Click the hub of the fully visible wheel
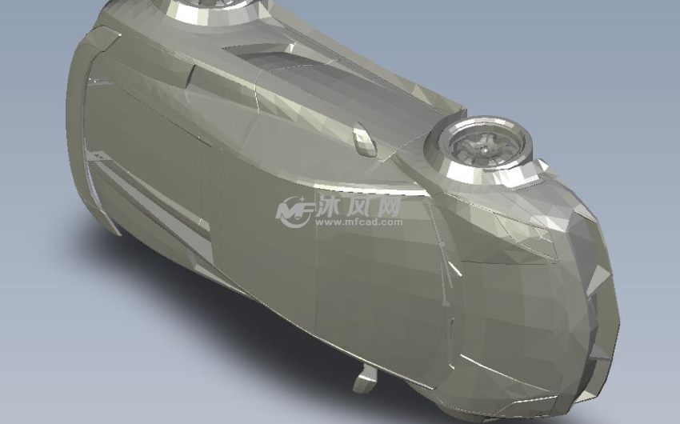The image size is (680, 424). pyautogui.click(x=482, y=149)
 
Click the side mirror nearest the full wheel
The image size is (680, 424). pyautogui.click(x=363, y=138)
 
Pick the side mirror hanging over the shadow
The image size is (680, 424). pyautogui.click(x=365, y=379)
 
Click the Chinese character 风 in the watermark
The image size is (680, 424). pyautogui.click(x=357, y=206)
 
